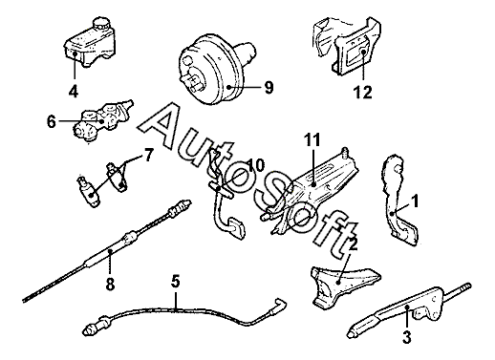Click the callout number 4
click(x=74, y=92)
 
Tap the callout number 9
click(x=269, y=87)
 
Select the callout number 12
click(x=362, y=93)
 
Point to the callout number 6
click(x=52, y=121)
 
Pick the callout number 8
click(x=110, y=284)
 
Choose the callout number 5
click(x=175, y=281)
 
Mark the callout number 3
click(x=407, y=337)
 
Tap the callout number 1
click(x=414, y=201)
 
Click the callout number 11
click(x=312, y=139)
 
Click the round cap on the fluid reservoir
click(x=100, y=25)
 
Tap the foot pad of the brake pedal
click(x=236, y=227)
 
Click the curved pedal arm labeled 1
click(x=398, y=201)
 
